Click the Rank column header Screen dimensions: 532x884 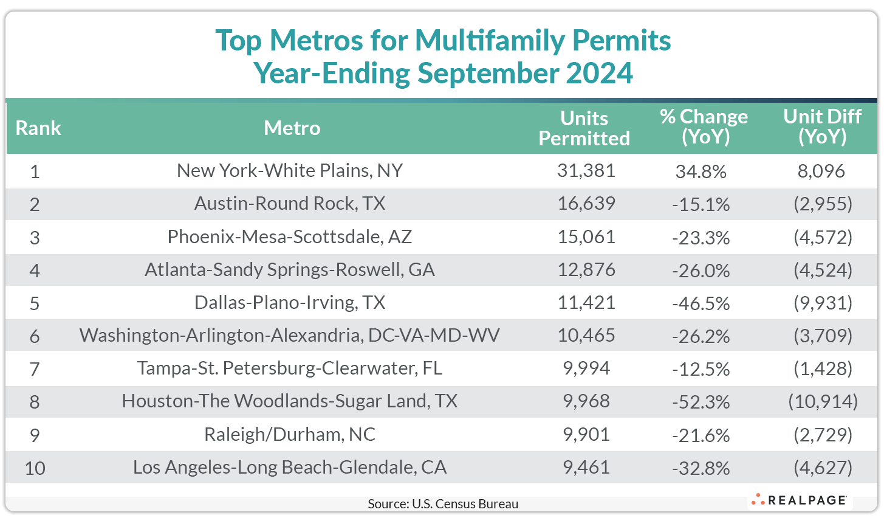(38, 128)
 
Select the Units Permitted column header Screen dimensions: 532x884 (584, 128)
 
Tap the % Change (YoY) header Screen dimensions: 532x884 (704, 126)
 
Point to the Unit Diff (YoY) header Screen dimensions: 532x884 (822, 126)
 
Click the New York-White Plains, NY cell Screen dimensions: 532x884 (290, 171)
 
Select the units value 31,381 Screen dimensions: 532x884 (586, 171)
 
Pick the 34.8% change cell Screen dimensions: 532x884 (701, 172)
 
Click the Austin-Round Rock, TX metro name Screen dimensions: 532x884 (290, 204)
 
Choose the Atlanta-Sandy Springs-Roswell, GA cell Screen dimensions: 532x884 (290, 270)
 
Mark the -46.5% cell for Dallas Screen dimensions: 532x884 (701, 303)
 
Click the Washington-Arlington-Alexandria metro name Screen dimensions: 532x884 (290, 336)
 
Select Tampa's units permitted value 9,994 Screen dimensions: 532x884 (586, 368)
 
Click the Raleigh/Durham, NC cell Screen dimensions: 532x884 (290, 435)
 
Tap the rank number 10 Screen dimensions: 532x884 (35, 468)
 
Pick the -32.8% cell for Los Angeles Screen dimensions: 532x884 (701, 468)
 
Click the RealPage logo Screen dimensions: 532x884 (800, 500)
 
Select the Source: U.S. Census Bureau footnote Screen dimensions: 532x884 (443, 504)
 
